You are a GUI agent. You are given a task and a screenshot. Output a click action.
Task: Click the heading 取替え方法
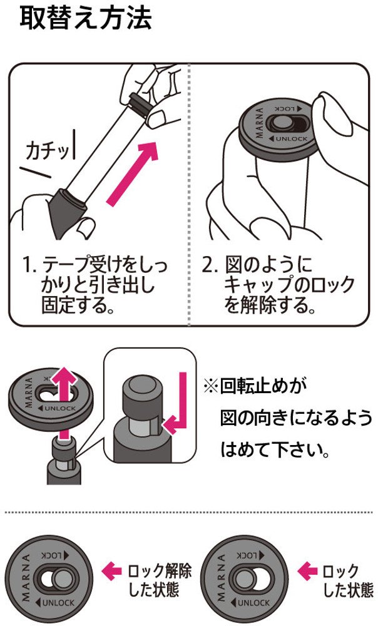click(x=86, y=18)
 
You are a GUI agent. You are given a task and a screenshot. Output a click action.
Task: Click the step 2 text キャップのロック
click(x=289, y=285)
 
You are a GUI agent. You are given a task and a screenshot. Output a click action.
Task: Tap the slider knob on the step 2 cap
click(x=276, y=124)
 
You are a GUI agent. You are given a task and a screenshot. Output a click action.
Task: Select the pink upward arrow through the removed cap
click(x=64, y=403)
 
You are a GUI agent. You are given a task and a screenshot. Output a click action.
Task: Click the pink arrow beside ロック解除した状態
click(x=111, y=572)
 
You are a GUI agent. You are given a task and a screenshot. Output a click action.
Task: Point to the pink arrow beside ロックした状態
click(x=307, y=572)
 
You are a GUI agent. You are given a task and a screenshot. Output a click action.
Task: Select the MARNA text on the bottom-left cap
click(x=25, y=577)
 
